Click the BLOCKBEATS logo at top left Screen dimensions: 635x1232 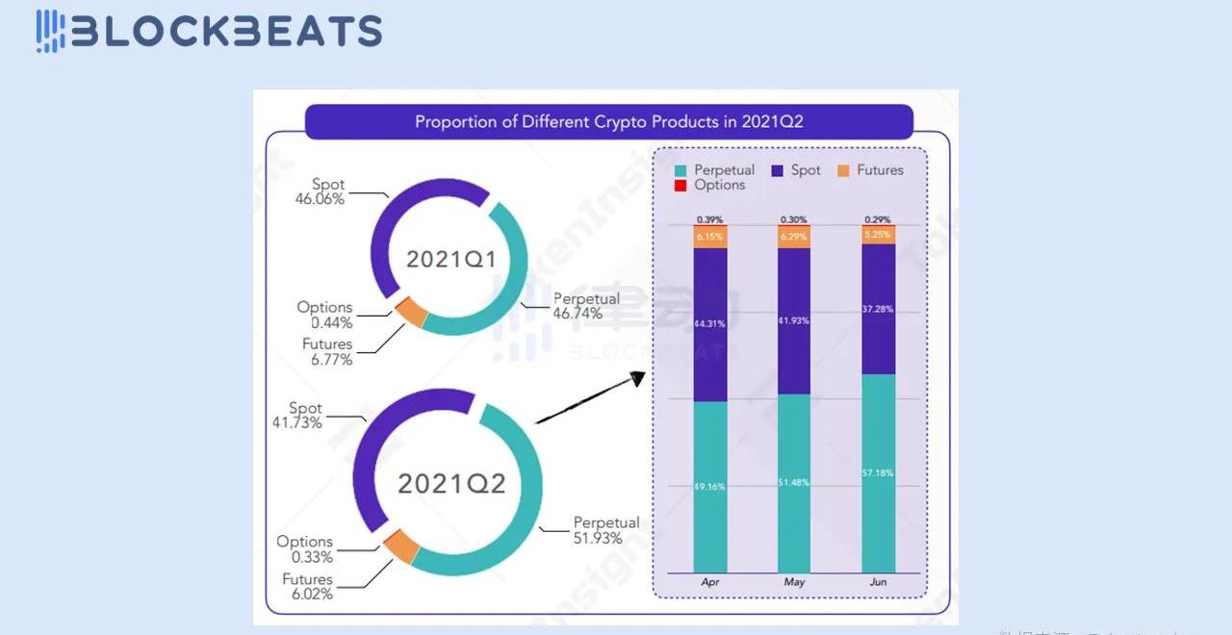coord(209,31)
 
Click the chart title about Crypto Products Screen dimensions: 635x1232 coord(608,122)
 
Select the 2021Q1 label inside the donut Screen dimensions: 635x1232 coord(450,259)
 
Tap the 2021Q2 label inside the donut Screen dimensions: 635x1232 coord(451,483)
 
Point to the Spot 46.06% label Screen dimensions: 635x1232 coord(320,191)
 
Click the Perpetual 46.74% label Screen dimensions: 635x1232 coord(585,306)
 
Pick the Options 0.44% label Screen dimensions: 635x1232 coord(324,315)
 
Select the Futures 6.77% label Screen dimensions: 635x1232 coord(327,351)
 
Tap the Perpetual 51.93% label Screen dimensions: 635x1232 coord(605,530)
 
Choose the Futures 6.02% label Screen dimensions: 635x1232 coord(307,587)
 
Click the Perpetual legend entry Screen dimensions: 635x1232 coord(715,170)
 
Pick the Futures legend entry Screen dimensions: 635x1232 coord(870,170)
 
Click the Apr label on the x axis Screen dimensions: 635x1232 coord(709,582)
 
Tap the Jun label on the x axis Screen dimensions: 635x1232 coord(878,582)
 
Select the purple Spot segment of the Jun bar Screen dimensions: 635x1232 coord(878,309)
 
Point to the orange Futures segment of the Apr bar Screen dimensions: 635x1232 coord(709,237)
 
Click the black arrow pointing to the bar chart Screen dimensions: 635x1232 coord(589,398)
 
